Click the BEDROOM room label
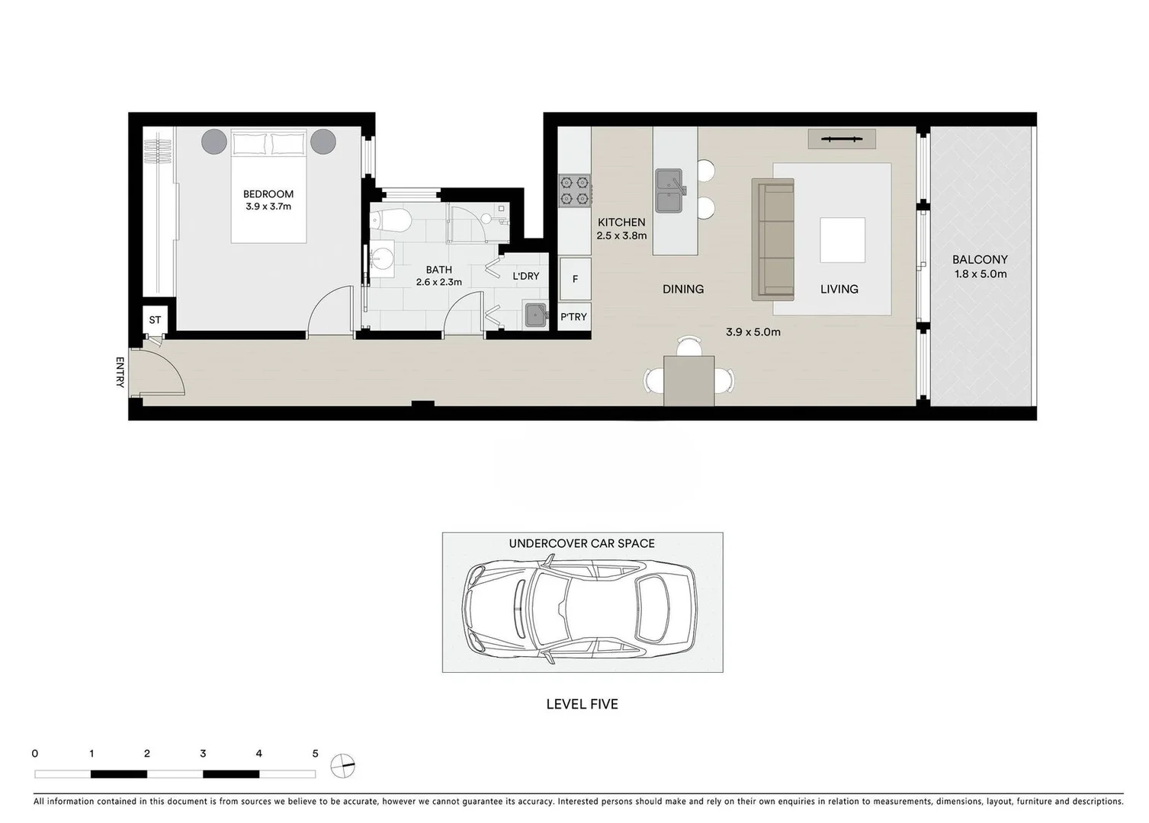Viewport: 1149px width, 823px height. pyautogui.click(x=268, y=194)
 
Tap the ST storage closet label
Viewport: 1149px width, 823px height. pyautogui.click(x=155, y=320)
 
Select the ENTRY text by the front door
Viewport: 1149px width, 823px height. pyautogui.click(x=120, y=372)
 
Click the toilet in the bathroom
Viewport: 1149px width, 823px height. pyautogui.click(x=391, y=220)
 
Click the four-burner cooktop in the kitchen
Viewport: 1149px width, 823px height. pyautogui.click(x=574, y=191)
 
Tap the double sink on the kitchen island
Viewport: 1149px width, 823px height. pyautogui.click(x=670, y=191)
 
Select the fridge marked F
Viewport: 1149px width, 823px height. pyautogui.click(x=575, y=279)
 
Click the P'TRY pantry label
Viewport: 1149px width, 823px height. pyautogui.click(x=574, y=316)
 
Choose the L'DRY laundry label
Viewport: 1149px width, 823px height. pyautogui.click(x=526, y=276)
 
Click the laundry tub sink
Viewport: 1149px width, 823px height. pyautogui.click(x=535, y=314)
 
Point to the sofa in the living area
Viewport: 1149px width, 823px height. pyautogui.click(x=772, y=239)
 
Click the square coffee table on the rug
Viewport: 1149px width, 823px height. pyautogui.click(x=842, y=240)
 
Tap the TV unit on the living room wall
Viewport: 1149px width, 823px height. pyautogui.click(x=842, y=139)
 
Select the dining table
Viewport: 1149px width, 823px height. pyautogui.click(x=689, y=380)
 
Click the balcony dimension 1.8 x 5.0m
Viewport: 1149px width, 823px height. pyautogui.click(x=981, y=274)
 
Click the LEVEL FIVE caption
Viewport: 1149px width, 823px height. pyautogui.click(x=582, y=704)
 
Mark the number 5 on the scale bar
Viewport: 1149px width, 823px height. pyautogui.click(x=315, y=754)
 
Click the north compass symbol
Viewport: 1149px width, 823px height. pyautogui.click(x=344, y=765)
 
